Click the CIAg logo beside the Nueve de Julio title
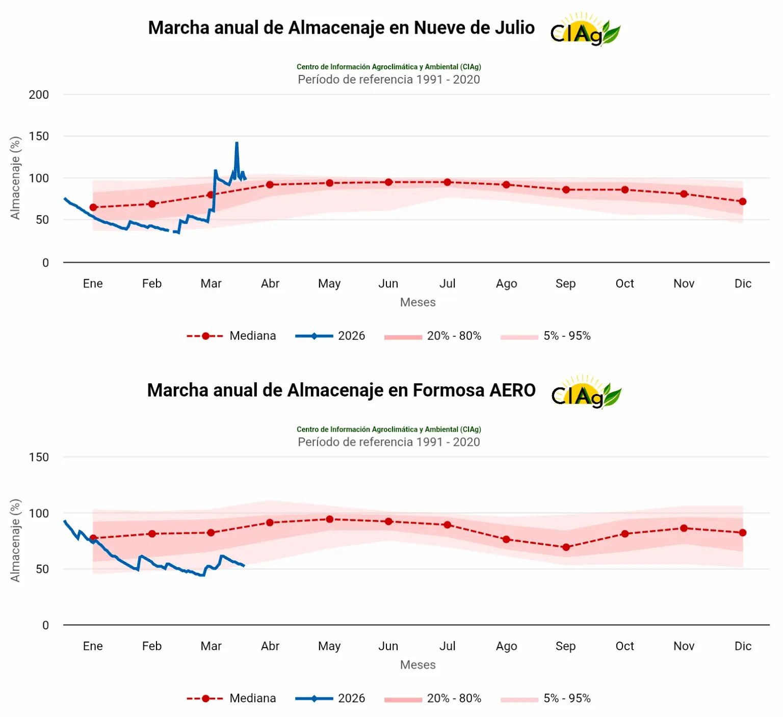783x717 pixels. [x=585, y=30]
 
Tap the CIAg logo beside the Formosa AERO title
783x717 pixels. [x=586, y=392]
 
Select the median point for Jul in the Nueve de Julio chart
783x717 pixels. [x=447, y=182]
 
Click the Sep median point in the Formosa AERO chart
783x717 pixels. [x=566, y=547]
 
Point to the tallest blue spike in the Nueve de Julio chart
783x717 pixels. [x=237, y=144]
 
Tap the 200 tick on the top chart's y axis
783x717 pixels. [x=39, y=95]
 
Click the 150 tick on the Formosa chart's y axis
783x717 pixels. [x=39, y=458]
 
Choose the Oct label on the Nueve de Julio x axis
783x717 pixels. [x=624, y=284]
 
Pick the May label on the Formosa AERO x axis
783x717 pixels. [x=329, y=646]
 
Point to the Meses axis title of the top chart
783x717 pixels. [x=417, y=302]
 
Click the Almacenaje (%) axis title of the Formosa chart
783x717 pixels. [x=15, y=540]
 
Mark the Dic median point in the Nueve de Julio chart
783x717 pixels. [x=743, y=202]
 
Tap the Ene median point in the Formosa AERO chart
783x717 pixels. [x=93, y=538]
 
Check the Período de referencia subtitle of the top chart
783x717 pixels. [x=388, y=79]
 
